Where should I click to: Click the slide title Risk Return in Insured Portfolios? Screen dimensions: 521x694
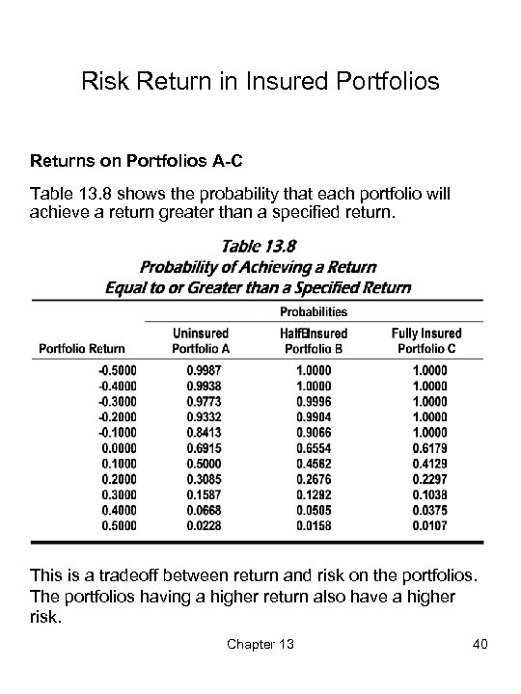tap(260, 81)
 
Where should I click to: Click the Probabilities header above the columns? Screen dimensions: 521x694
tap(314, 311)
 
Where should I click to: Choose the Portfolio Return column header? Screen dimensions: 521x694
tap(86, 348)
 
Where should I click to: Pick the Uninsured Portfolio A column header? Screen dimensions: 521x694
tap(201, 340)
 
